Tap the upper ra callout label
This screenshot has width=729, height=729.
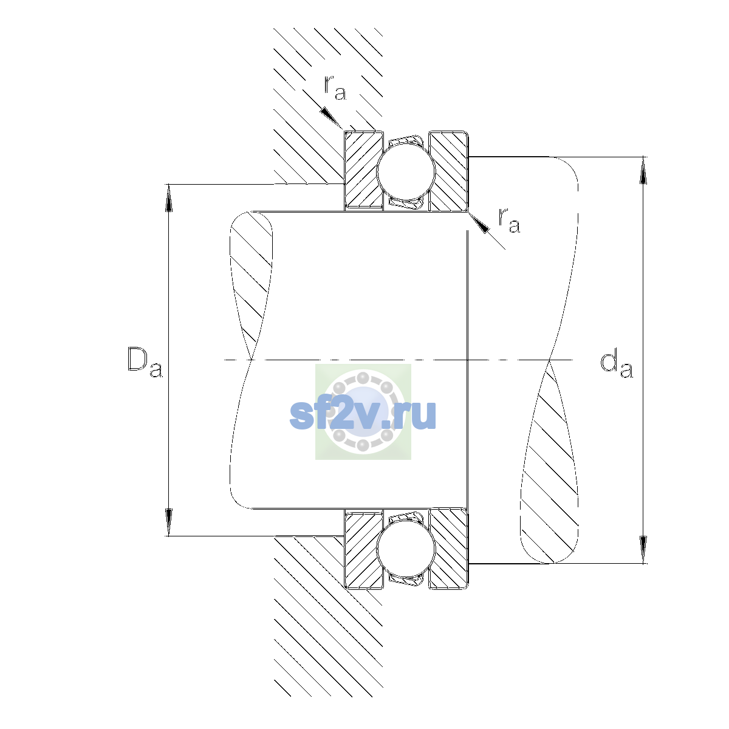(335, 87)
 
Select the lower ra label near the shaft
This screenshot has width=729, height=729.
(509, 220)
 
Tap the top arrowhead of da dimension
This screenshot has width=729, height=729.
(643, 171)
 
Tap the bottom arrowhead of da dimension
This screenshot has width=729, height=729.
(643, 550)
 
